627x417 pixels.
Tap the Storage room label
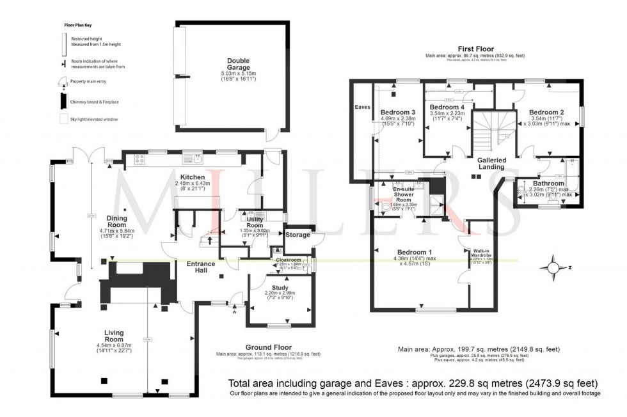(298, 235)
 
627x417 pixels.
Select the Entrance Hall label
(200, 267)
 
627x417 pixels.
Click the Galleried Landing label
(491, 163)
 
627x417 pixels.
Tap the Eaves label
(362, 107)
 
